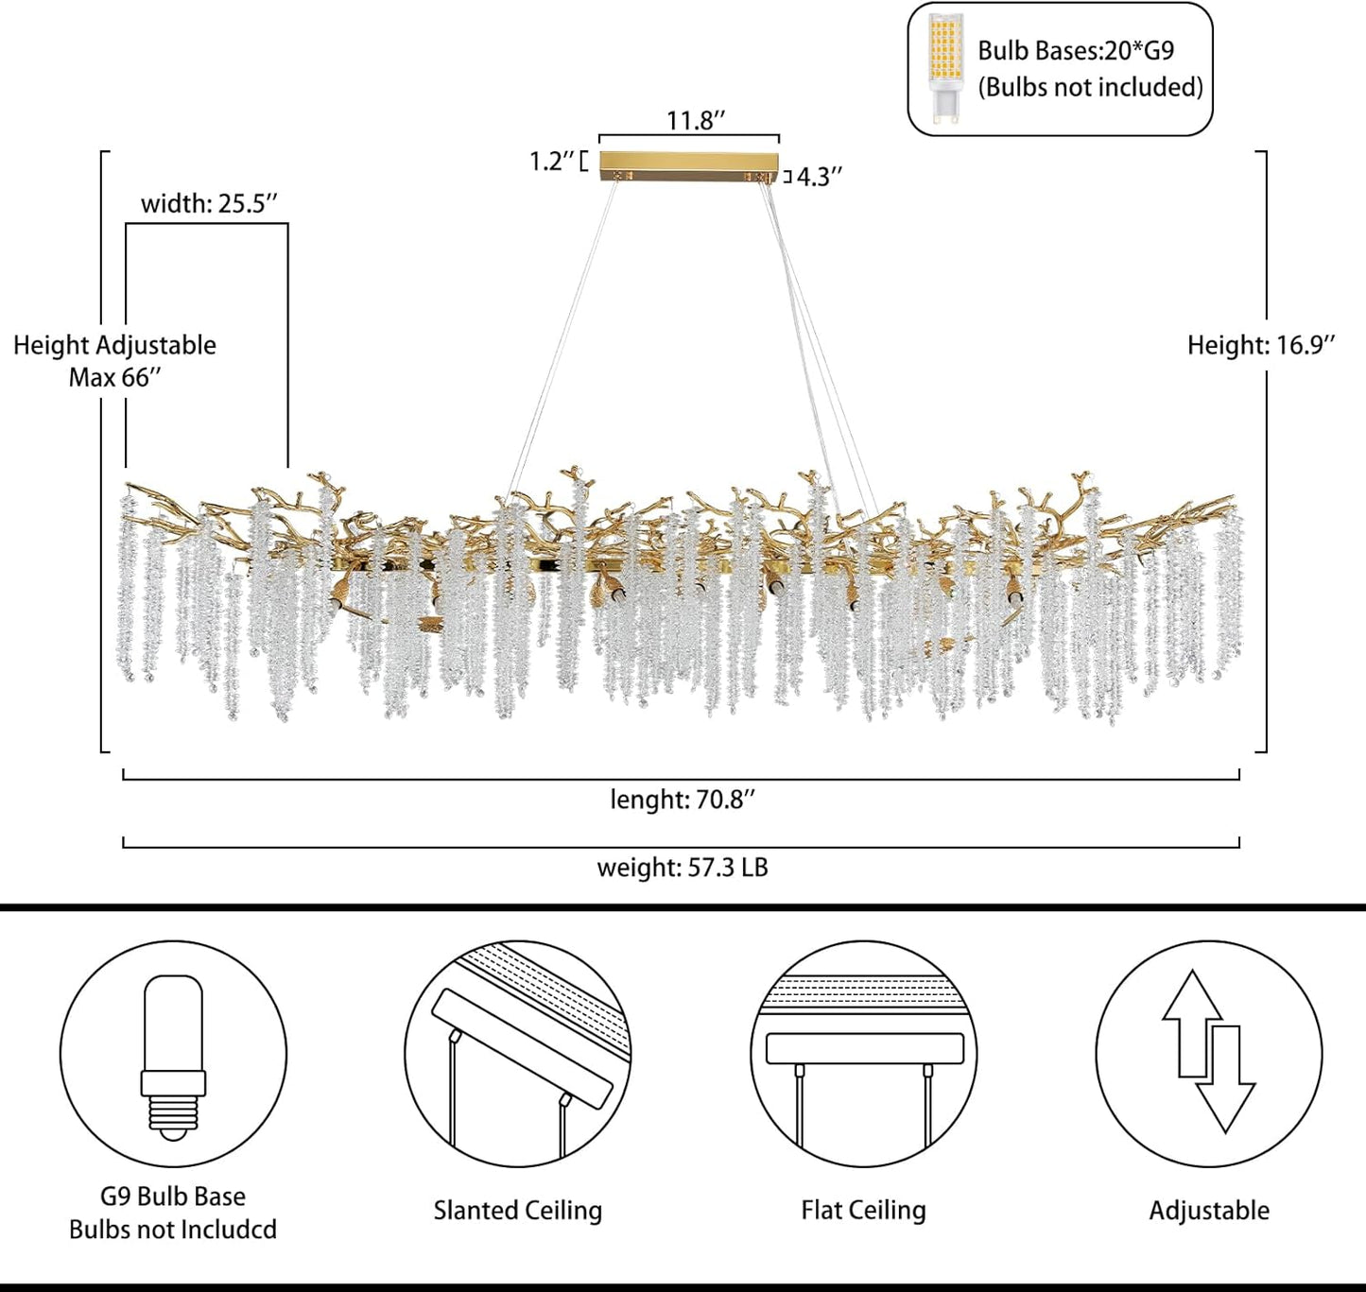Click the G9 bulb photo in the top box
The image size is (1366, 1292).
(x=944, y=69)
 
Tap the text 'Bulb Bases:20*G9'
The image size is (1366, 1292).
(x=1075, y=51)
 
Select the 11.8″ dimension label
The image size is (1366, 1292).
(x=696, y=121)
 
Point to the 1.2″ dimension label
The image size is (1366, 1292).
(x=551, y=162)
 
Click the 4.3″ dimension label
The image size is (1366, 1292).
(x=819, y=177)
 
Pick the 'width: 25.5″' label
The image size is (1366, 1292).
(x=209, y=204)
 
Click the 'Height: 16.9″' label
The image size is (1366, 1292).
(x=1261, y=345)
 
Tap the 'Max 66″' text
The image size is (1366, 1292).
(x=114, y=378)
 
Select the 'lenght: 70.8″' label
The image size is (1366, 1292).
(x=682, y=800)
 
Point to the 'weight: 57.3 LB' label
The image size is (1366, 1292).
(x=682, y=868)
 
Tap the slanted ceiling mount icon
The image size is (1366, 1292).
(x=518, y=1054)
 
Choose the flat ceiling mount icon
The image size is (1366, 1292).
(x=864, y=1054)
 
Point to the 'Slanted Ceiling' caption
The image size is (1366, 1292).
(x=518, y=1211)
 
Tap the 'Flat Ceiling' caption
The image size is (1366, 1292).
(x=863, y=1211)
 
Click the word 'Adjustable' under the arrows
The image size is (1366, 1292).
(x=1209, y=1211)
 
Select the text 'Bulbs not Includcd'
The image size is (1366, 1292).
(x=173, y=1230)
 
